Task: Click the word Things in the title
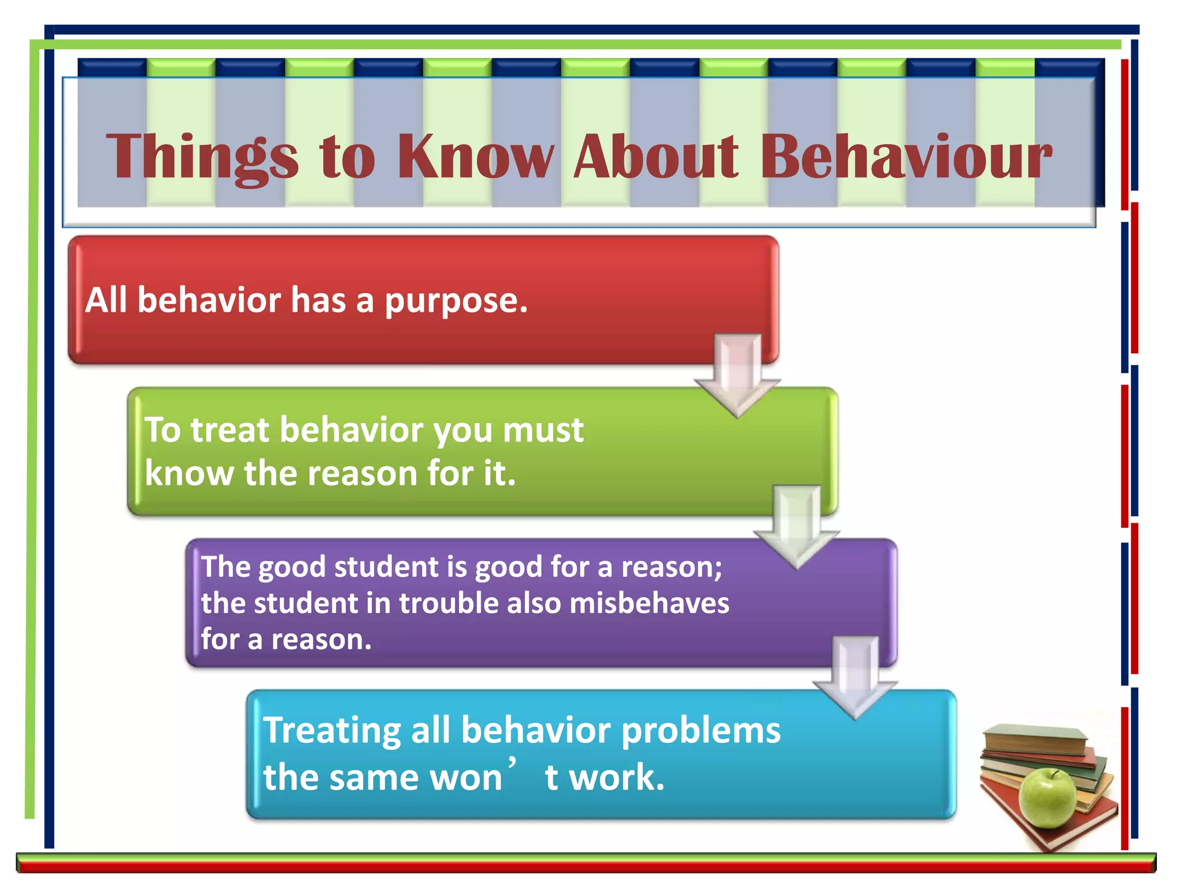pos(202,157)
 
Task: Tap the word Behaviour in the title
pos(905,157)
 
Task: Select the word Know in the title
pos(475,157)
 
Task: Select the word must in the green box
pos(543,431)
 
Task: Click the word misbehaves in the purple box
pos(649,604)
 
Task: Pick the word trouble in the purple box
pos(449,604)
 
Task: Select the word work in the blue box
pos(616,778)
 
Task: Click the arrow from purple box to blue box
pos(856,678)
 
